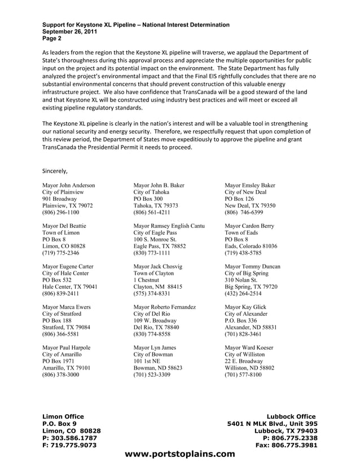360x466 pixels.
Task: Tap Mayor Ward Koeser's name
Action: coord(249,347)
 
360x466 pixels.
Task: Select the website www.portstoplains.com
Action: coord(179,454)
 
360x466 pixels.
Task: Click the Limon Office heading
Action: coord(63,416)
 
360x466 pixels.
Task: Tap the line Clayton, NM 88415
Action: coord(157,287)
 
